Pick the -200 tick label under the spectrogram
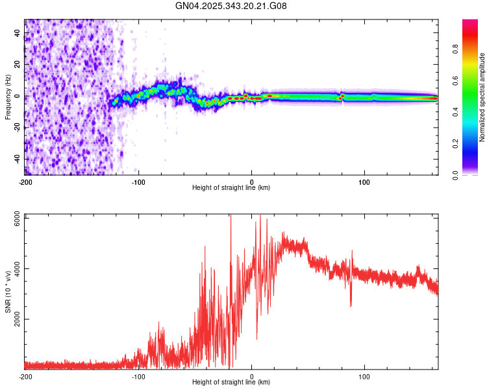click(x=25, y=182)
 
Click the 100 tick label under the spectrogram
click(x=365, y=182)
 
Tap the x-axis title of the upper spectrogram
click(x=231, y=188)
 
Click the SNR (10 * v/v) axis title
click(x=8, y=292)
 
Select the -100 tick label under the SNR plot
click(x=138, y=376)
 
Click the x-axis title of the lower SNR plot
click(x=231, y=383)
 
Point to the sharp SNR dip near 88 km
click(x=351, y=305)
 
